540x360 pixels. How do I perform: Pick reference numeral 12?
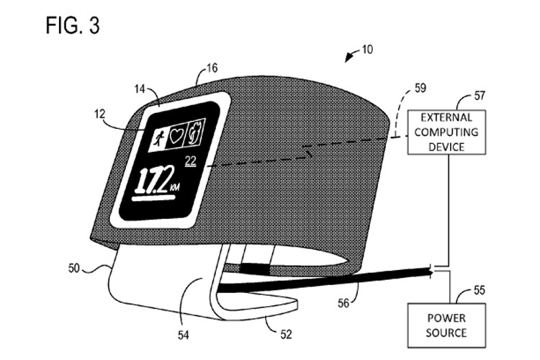(x=98, y=114)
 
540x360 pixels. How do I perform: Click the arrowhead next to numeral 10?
(x=350, y=55)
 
